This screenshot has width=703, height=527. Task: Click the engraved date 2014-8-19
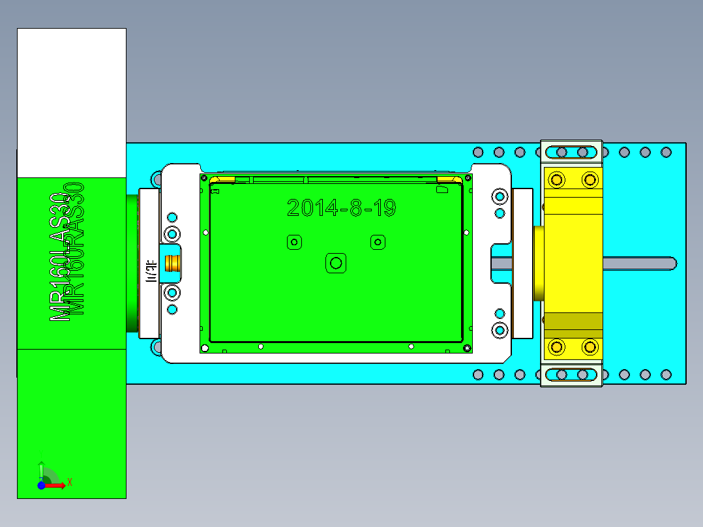[x=341, y=208]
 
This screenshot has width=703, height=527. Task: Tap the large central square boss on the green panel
[x=336, y=263]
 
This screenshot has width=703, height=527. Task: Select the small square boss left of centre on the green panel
[x=294, y=243]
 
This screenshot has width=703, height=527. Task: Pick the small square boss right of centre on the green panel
[x=377, y=243]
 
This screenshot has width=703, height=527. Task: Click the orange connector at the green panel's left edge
[x=173, y=263]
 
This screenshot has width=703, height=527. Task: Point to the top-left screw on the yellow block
[x=557, y=179]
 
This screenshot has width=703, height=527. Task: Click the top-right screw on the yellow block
[x=590, y=179]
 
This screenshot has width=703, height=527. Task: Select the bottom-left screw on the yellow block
[x=557, y=346]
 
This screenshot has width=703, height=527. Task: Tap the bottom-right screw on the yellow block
[x=590, y=346]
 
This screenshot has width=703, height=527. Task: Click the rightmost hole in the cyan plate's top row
[x=666, y=153]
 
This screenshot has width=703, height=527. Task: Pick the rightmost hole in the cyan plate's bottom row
[x=666, y=375]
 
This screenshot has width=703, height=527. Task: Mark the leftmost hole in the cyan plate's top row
[x=478, y=153]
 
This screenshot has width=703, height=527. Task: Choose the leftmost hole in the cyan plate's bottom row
[x=478, y=375]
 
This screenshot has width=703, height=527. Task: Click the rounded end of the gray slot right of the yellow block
[x=671, y=263]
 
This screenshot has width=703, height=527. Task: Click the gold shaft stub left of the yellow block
[x=538, y=263]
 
